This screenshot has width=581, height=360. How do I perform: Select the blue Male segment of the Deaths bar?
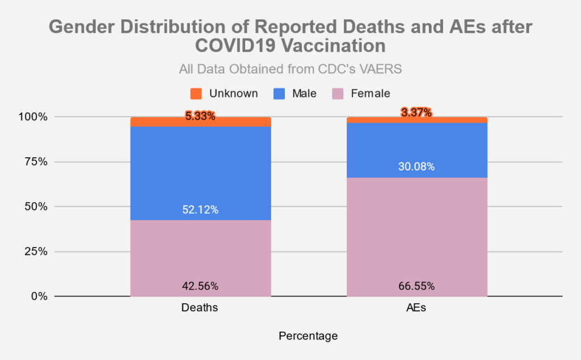(200, 170)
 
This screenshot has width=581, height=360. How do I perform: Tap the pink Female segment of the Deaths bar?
(200, 256)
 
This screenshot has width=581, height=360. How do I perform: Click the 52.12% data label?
(200, 210)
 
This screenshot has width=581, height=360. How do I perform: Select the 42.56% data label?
(200, 286)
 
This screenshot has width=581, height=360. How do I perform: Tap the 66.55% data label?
(416, 286)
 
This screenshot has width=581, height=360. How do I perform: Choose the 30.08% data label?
(416, 167)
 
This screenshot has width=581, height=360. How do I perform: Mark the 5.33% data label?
(200, 116)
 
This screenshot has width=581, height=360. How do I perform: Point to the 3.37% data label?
(416, 112)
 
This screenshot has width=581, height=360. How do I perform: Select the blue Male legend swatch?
(279, 93)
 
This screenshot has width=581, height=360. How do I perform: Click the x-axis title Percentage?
(308, 336)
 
